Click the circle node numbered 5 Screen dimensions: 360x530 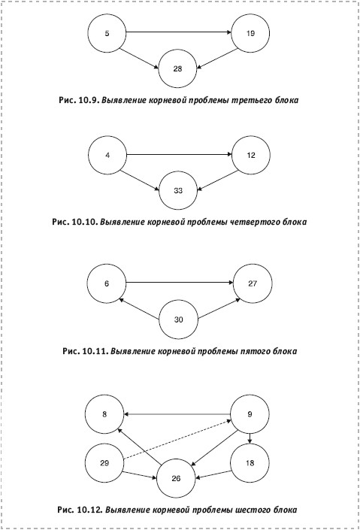point(107,33)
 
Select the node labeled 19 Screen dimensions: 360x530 point(250,33)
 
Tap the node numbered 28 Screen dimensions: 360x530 point(177,68)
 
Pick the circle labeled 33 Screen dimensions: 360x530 point(178,191)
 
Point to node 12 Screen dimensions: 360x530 point(251,155)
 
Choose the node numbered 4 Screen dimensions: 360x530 point(107,155)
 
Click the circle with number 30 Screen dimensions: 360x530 point(178,320)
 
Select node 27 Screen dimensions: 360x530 point(253,283)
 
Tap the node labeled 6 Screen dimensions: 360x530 point(107,283)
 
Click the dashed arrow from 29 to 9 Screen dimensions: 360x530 point(177,440)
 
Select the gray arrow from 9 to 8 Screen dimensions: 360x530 point(177,414)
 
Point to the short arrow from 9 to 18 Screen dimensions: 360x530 point(250,438)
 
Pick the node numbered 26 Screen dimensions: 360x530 point(176,478)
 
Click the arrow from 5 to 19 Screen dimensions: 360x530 point(179,32)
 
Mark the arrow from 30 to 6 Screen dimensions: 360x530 point(139,309)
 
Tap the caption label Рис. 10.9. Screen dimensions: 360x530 point(80,100)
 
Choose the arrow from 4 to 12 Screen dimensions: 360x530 point(180,154)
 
